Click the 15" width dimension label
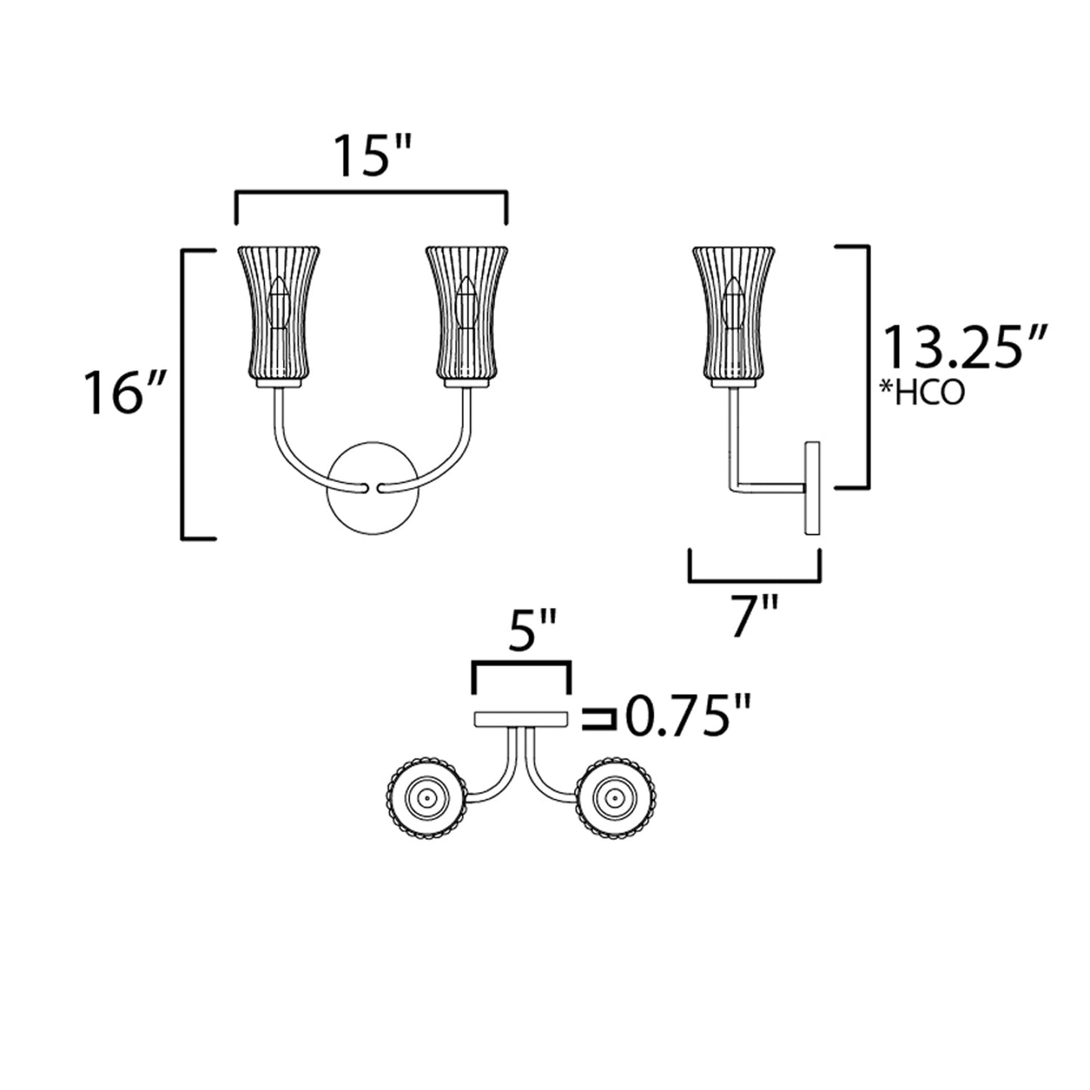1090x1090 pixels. (372, 157)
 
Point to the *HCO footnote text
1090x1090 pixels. (923, 393)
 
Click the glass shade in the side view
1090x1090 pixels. (734, 313)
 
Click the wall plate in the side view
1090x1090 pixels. (812, 488)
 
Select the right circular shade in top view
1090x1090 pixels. (614, 797)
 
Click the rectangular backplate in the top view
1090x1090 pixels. (520, 719)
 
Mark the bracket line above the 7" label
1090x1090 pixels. (755, 580)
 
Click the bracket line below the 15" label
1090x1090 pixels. (372, 195)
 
